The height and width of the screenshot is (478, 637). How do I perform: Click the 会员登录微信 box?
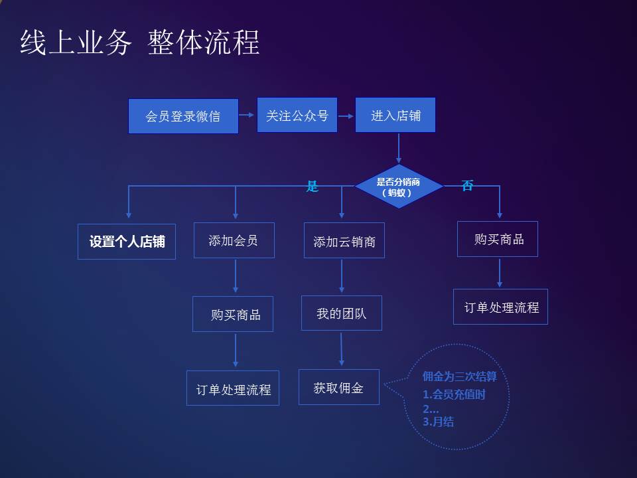coord(183,116)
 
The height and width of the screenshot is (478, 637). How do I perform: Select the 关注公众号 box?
coord(297,115)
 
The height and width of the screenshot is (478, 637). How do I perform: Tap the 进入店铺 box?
coord(395,115)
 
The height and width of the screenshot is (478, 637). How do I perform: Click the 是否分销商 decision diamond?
coord(399,187)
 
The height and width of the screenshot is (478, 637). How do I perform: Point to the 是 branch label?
coord(312,186)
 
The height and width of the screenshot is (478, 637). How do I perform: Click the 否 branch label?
coord(467,185)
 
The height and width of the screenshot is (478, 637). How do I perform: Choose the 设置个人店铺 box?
coord(127,242)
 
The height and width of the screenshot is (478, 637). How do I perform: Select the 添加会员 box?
coord(234,240)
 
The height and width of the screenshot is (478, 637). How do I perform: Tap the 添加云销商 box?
coord(344,240)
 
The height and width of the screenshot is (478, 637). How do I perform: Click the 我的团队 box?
coord(342,313)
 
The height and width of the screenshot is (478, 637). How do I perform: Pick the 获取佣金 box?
coord(339,387)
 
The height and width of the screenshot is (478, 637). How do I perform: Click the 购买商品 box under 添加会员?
coord(233,314)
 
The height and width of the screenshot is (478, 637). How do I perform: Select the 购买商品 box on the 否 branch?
coord(498,239)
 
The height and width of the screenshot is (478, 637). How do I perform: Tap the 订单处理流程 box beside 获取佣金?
coord(233,388)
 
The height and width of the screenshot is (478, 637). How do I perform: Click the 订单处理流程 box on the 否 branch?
coord(500,307)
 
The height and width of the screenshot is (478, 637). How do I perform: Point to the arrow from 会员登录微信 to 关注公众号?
coord(247,115)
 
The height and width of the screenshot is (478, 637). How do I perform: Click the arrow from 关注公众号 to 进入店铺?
coord(346,116)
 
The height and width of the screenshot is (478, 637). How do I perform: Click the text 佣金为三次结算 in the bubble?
coord(459,376)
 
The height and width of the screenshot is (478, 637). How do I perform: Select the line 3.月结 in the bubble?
coord(438,422)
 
